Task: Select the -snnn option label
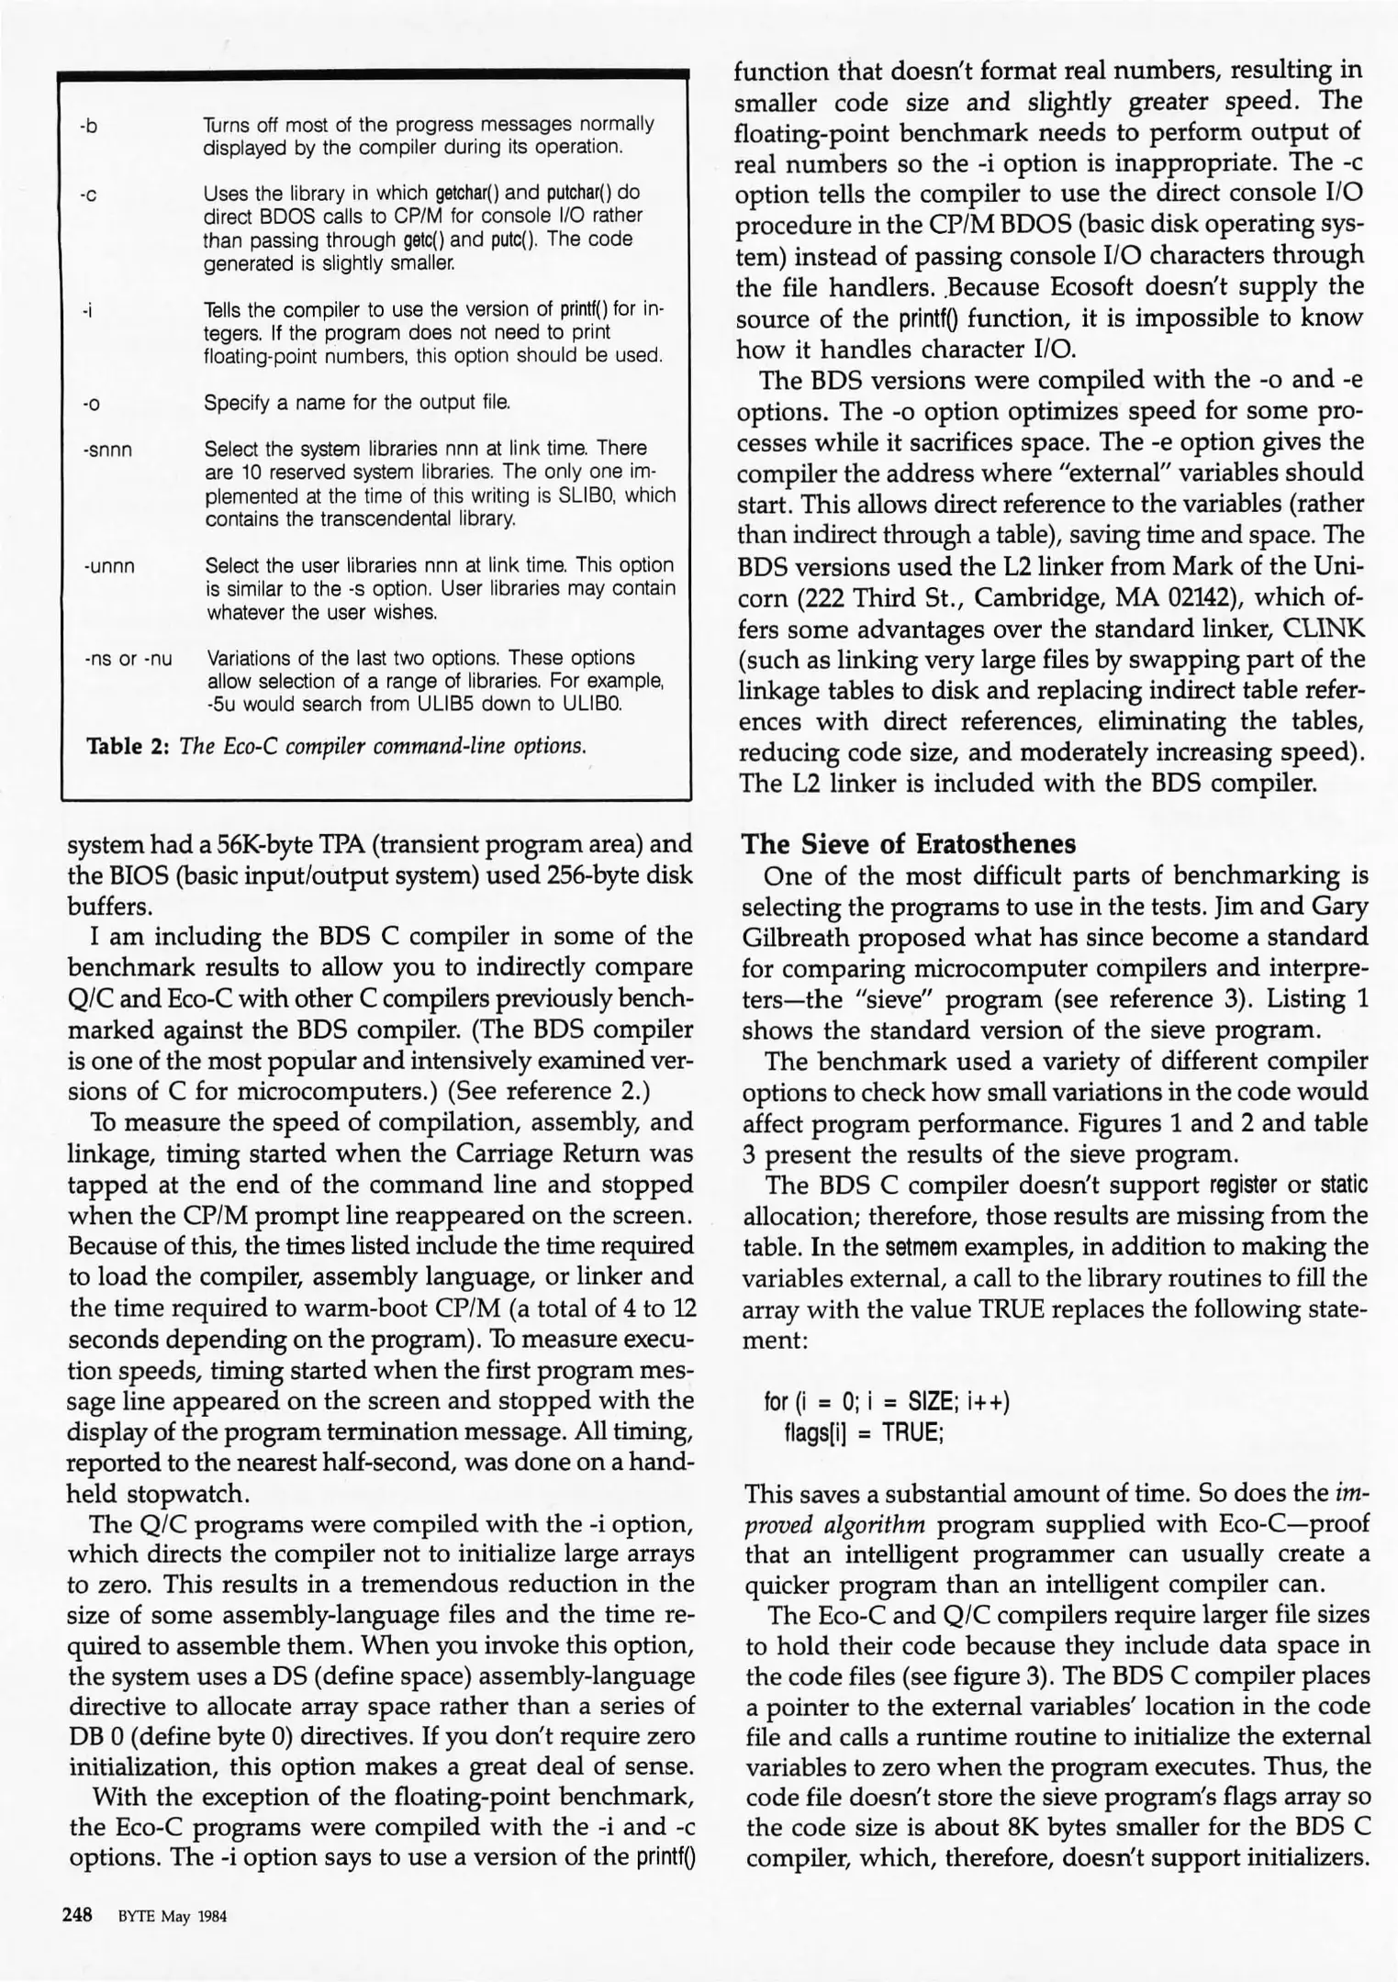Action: pyautogui.click(x=107, y=450)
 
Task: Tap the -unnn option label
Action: pyautogui.click(x=108, y=566)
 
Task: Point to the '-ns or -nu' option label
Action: pyautogui.click(x=128, y=659)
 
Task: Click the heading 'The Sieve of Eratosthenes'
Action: pyautogui.click(x=908, y=843)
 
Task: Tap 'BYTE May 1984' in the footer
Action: pyautogui.click(x=172, y=1917)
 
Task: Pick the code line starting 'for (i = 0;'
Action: pyautogui.click(x=886, y=1402)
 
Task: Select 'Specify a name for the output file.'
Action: pyautogui.click(x=357, y=403)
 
